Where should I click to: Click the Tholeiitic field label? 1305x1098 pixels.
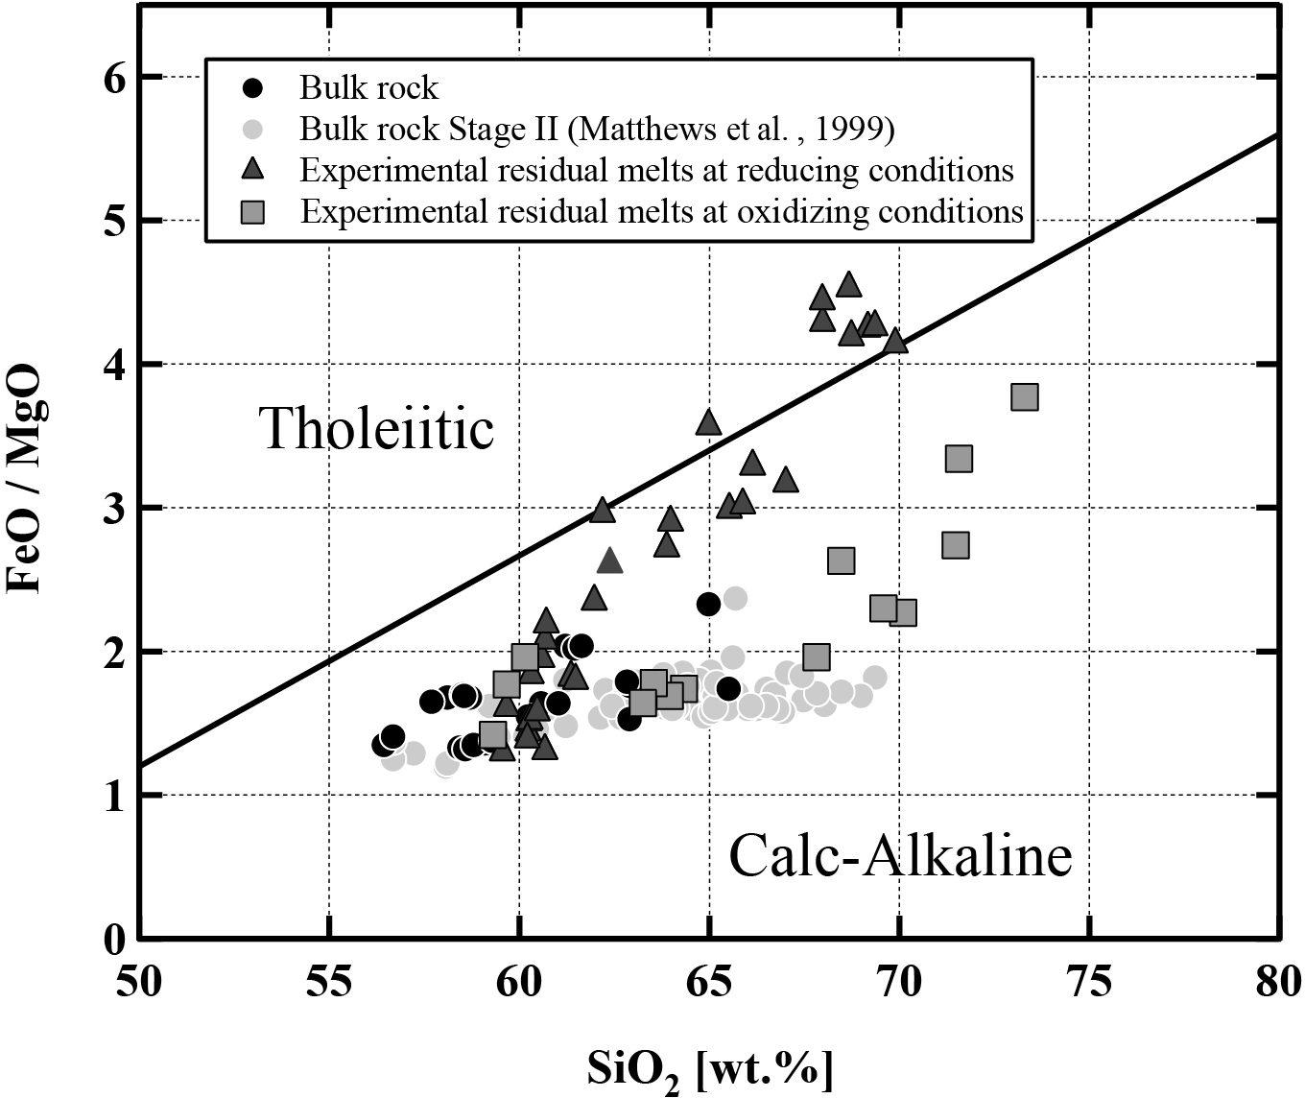coord(376,428)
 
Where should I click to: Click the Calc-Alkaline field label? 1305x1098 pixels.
coord(900,856)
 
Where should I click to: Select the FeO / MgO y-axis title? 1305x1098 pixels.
coord(25,479)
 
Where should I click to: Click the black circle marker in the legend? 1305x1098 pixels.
coord(251,88)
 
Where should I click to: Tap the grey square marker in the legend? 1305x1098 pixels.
coord(251,210)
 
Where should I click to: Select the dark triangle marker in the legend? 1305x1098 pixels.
coord(251,170)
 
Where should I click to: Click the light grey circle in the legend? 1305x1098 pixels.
coord(251,129)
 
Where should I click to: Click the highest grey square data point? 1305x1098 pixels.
coord(1025,397)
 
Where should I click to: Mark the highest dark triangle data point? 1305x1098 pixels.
coord(848,285)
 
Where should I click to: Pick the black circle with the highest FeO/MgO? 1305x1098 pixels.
coord(708,604)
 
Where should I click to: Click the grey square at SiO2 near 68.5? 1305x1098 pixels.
coord(841,561)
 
